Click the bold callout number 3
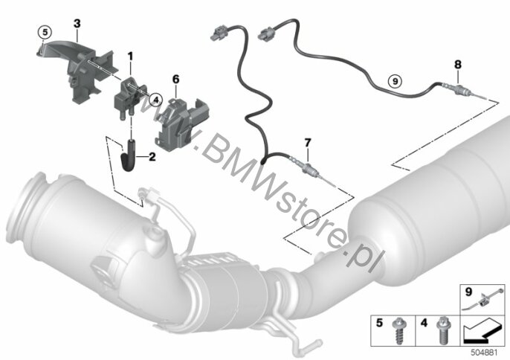click(x=77, y=24)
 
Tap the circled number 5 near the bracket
click(x=45, y=32)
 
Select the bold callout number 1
click(x=130, y=57)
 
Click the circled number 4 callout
click(x=156, y=100)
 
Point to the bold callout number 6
click(x=176, y=79)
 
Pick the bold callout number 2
click(x=152, y=157)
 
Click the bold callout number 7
click(x=308, y=142)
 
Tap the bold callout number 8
click(x=458, y=65)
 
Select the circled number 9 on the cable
click(x=396, y=80)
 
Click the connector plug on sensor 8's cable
click(x=266, y=34)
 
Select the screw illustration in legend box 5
click(x=398, y=330)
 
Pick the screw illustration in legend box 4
click(x=442, y=330)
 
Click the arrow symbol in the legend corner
click(x=482, y=330)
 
